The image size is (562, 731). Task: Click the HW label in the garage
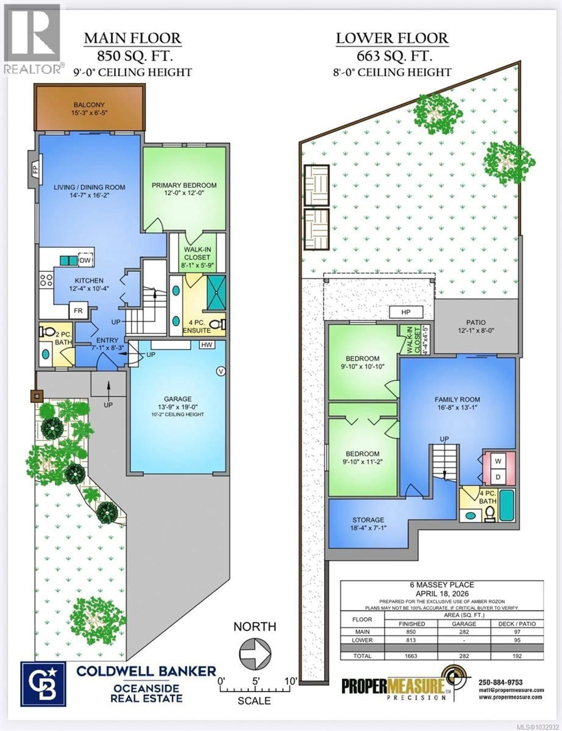click(207, 345)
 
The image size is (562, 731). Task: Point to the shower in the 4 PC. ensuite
click(216, 293)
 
